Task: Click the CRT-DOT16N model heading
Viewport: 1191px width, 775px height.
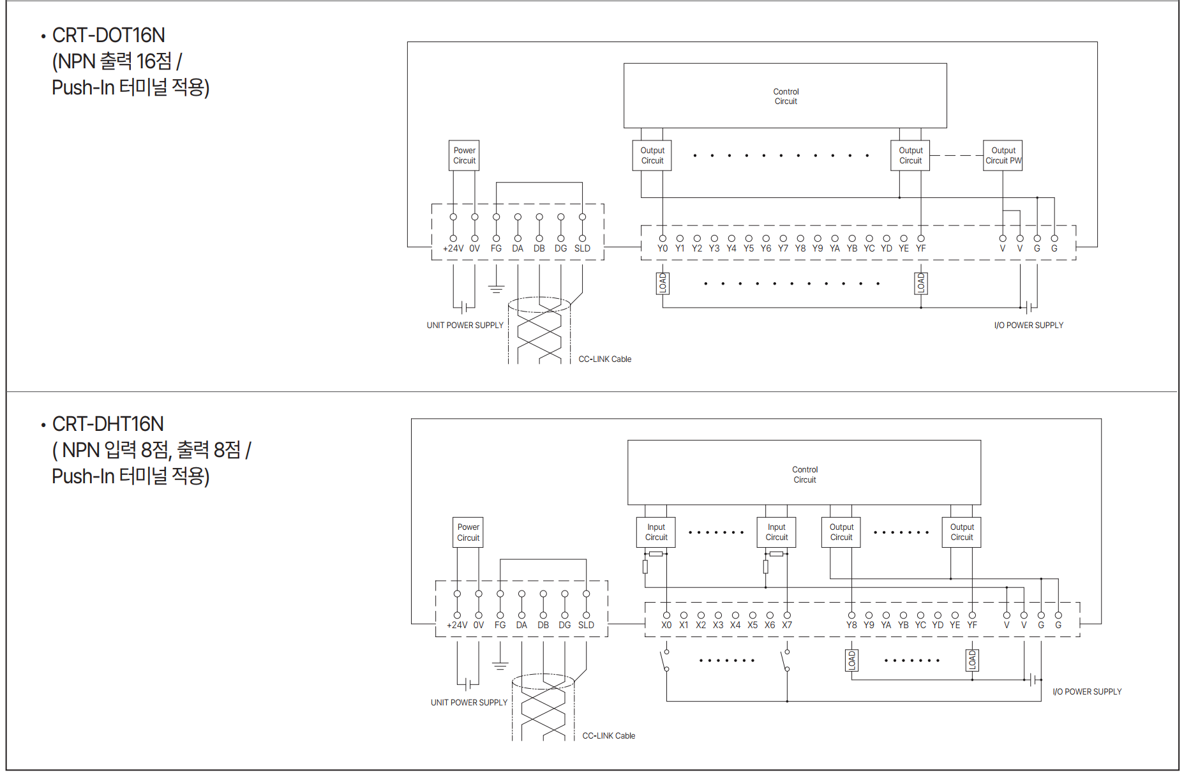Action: (x=109, y=35)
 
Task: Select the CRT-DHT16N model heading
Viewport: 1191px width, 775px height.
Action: (x=108, y=424)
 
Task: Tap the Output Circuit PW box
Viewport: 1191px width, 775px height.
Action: (x=1003, y=156)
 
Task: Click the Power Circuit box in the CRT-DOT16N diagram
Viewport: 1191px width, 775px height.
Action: (x=464, y=156)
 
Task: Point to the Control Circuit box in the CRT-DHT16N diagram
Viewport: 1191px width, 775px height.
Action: (x=804, y=474)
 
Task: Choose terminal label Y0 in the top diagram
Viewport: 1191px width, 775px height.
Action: (x=663, y=248)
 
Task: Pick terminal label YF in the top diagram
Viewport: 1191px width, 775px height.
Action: (x=920, y=248)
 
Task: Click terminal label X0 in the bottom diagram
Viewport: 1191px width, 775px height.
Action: (x=666, y=625)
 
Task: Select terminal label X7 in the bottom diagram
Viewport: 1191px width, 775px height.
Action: (x=787, y=625)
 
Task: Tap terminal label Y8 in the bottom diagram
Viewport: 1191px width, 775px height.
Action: (x=851, y=625)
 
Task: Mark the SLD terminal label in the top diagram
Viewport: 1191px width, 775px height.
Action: (x=582, y=248)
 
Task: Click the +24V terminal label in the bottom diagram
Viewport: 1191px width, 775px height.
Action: (x=457, y=625)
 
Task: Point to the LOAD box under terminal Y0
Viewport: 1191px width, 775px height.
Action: (x=663, y=283)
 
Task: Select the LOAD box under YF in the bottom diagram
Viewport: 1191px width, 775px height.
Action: (x=972, y=660)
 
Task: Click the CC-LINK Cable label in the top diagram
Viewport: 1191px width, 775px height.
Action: (x=604, y=359)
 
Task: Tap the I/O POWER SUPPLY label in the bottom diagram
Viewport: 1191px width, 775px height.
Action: (x=1086, y=691)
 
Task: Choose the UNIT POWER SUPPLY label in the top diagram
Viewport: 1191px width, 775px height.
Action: (x=465, y=325)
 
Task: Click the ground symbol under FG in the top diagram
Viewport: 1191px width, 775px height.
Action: (x=496, y=288)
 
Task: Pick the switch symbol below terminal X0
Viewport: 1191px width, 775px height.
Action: (x=665, y=661)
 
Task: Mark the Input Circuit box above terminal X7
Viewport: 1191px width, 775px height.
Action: (x=777, y=532)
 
